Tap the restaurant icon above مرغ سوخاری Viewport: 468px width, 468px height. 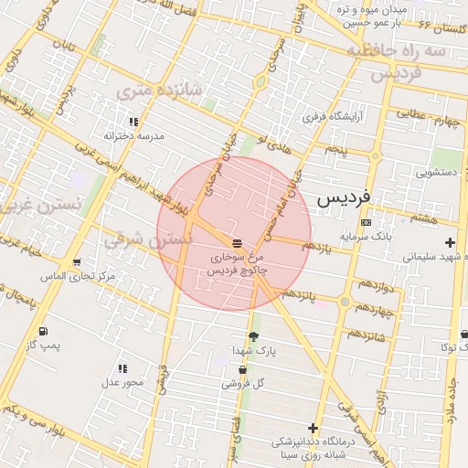click(x=237, y=243)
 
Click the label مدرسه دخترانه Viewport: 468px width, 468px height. click(x=133, y=135)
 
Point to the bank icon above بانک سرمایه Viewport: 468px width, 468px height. click(x=366, y=222)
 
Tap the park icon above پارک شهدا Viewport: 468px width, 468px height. click(x=252, y=336)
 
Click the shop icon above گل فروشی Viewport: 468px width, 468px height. click(x=242, y=370)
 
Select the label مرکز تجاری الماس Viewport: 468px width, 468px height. click(x=78, y=276)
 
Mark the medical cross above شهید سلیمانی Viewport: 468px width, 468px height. click(x=449, y=242)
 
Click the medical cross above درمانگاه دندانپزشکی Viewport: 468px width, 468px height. click(x=314, y=427)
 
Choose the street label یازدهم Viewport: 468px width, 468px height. click(x=321, y=246)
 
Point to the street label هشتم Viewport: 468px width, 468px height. click(x=424, y=218)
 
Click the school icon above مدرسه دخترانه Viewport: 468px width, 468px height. click(x=133, y=121)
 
